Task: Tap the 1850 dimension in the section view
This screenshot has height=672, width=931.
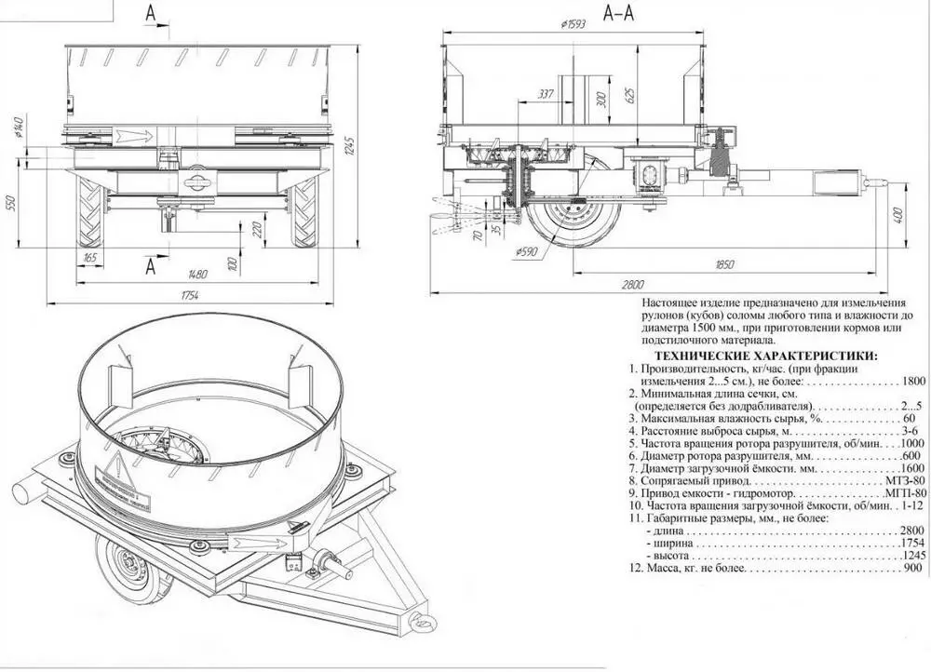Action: click(731, 264)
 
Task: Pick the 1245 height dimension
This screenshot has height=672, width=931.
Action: click(351, 146)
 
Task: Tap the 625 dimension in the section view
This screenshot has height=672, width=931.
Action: click(629, 94)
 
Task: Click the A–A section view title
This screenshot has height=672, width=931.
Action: click(619, 13)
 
